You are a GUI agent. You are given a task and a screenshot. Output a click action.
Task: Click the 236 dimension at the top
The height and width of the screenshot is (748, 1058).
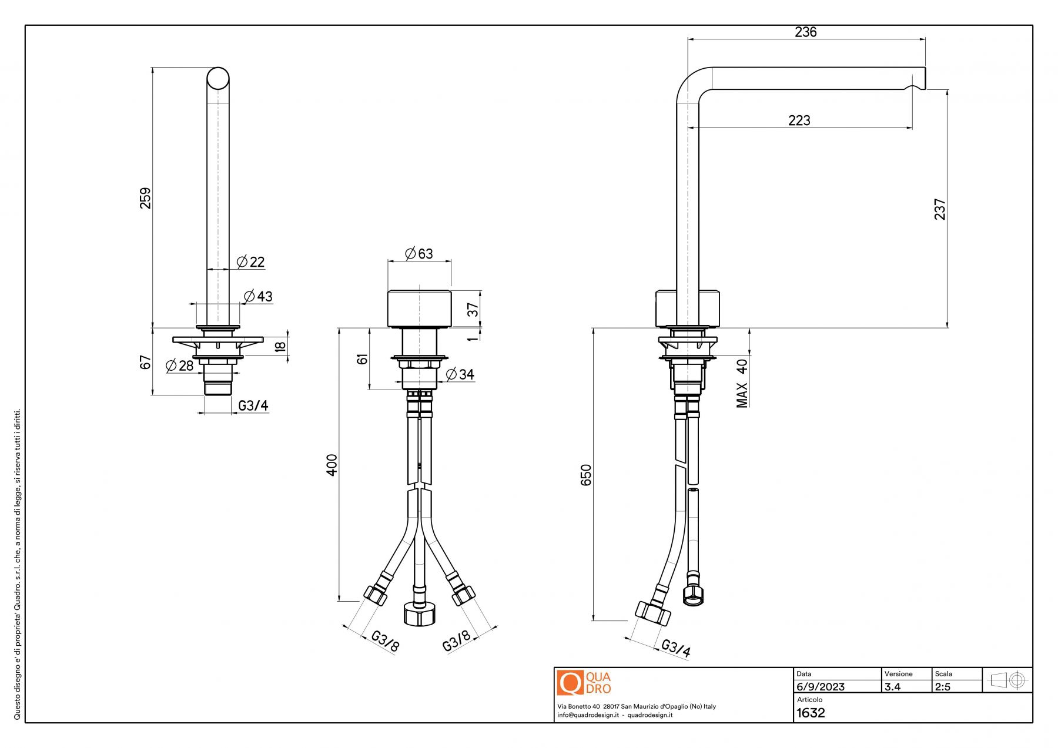pos(805,32)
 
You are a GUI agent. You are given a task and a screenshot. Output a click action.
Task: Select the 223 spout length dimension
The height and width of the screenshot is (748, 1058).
pos(799,120)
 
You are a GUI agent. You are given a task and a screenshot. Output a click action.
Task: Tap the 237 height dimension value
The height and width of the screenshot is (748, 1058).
pos(940,209)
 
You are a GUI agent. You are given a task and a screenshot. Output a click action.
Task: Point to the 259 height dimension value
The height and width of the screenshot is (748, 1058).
pos(145,198)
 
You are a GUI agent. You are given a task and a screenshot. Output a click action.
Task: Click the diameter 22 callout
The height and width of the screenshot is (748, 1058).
pos(251,262)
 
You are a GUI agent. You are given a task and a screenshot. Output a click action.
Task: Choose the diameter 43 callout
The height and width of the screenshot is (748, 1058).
pos(259,297)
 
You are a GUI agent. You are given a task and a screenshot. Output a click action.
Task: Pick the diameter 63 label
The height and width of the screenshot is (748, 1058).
pos(419,253)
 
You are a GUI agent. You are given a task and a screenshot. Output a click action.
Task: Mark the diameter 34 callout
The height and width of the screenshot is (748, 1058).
pos(460,374)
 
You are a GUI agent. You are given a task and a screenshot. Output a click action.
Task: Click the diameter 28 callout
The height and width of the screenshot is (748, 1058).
pos(180,366)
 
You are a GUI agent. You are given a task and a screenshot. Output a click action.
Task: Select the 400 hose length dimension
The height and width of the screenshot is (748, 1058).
pos(332,465)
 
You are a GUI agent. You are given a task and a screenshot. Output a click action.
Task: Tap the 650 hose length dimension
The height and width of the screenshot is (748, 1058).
pos(586,475)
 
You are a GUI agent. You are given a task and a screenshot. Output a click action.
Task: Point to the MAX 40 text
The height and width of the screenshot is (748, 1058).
pos(742,383)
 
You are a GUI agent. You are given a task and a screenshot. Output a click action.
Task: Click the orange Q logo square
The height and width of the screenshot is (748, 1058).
pos(570,683)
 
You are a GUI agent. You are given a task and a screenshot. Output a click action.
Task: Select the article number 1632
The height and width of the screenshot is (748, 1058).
pos(811,713)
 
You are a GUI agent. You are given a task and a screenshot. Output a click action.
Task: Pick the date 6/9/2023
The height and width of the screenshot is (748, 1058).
pos(821,687)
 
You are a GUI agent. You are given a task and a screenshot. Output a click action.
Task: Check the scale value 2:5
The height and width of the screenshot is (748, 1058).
pos(943,687)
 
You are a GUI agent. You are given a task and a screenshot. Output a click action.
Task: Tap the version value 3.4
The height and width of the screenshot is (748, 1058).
pos(892,687)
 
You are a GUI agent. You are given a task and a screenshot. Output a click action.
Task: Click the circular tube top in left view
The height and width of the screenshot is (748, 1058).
pos(218,78)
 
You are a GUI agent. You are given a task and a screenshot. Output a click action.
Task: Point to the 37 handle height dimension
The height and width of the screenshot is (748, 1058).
pos(473,309)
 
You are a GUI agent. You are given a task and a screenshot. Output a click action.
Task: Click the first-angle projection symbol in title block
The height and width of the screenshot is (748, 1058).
pos(1007,680)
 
